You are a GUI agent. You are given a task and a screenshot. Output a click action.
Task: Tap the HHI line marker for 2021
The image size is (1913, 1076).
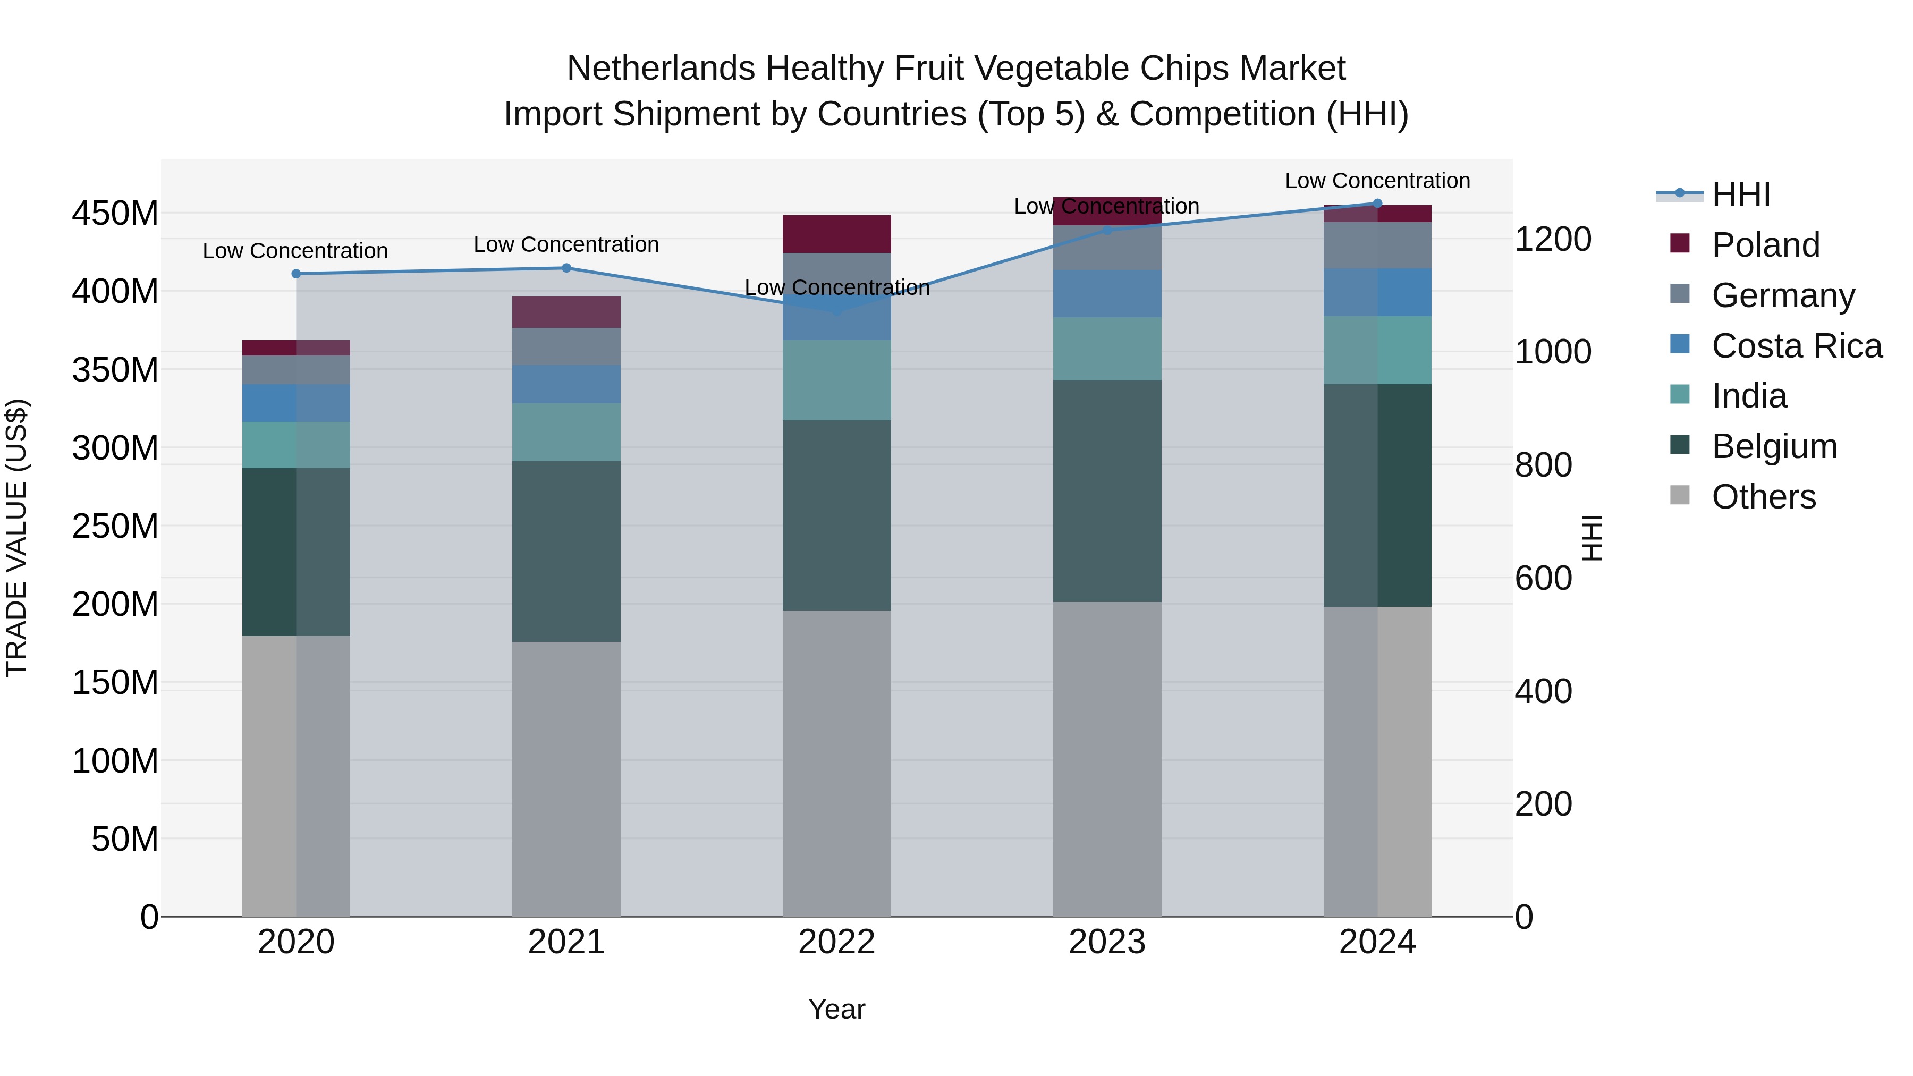566,268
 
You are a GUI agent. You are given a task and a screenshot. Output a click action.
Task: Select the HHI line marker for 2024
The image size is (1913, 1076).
1377,204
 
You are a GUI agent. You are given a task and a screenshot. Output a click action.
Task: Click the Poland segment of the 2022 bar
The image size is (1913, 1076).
836,234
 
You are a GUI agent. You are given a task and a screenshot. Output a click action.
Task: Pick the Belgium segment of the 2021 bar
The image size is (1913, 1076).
566,551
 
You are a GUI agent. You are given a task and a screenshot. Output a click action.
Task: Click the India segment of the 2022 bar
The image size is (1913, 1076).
836,380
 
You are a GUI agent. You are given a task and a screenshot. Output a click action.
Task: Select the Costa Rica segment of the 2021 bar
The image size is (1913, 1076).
566,384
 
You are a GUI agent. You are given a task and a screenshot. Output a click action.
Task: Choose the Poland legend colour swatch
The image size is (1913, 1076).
1679,243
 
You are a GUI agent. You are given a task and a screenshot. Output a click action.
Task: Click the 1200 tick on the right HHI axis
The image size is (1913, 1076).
1552,240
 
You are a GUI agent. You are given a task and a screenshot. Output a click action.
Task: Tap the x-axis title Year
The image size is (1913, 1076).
836,1009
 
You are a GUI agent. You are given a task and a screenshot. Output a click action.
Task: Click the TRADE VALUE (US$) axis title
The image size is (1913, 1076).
16,538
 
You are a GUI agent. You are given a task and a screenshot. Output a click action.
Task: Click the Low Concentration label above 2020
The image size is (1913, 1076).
295,251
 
